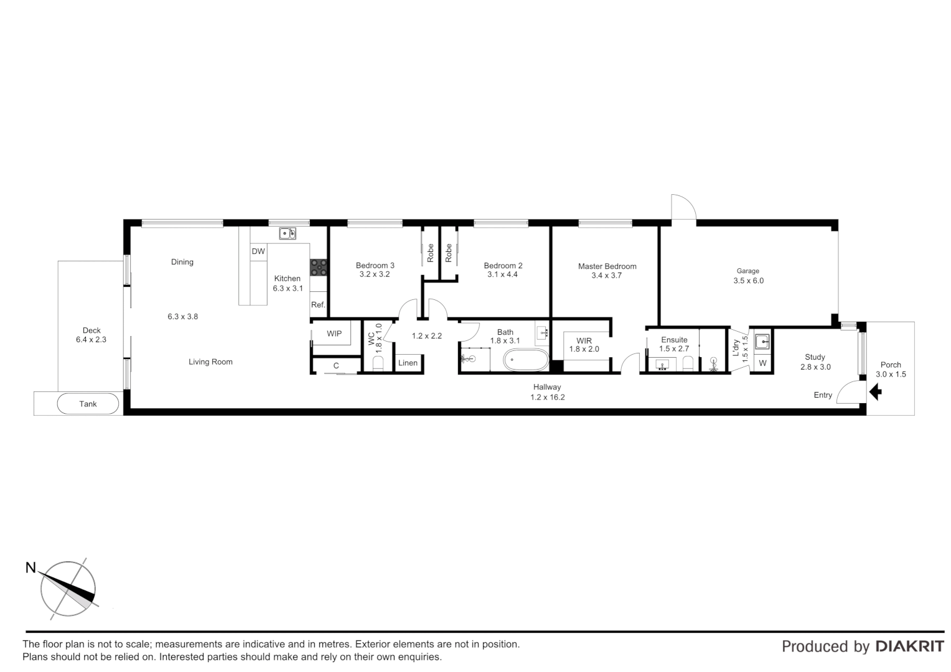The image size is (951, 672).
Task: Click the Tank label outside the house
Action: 88,404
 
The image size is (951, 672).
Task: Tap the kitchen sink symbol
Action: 287,234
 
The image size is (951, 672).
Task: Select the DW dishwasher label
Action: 258,251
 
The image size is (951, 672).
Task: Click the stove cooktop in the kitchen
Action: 319,267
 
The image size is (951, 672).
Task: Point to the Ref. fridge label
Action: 318,305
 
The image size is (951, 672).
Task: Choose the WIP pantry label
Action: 334,334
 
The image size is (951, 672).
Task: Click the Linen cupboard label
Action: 408,363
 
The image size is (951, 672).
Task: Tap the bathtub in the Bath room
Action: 526,360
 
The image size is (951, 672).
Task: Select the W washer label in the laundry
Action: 762,363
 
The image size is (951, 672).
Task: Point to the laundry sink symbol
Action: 762,342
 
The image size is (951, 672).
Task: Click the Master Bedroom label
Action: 607,266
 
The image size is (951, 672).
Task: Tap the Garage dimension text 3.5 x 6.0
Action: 748,281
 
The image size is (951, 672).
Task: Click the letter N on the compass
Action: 30,567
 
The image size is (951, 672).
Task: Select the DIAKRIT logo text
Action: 909,646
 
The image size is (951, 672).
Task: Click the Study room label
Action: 815,357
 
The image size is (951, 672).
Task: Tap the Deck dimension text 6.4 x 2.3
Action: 91,340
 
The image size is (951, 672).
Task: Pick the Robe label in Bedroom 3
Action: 430,252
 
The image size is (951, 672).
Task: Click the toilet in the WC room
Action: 378,363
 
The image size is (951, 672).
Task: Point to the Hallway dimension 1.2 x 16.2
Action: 547,397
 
